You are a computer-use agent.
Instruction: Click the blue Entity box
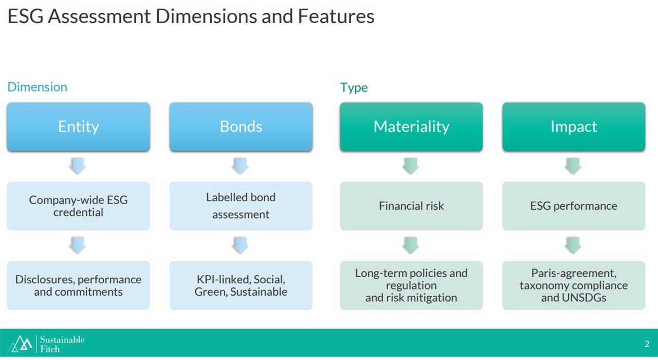[x=79, y=127]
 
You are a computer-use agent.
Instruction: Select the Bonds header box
[x=241, y=127]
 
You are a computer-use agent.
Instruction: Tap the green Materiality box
[x=411, y=127]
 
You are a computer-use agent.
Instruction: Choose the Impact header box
[x=574, y=127]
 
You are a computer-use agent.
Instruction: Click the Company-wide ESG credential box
[x=79, y=206]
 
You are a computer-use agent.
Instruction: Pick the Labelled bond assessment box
[x=241, y=206]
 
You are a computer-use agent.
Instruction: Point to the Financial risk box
[x=411, y=206]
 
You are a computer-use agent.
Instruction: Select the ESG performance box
[x=574, y=206]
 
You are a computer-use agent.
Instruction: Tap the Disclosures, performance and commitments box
[x=79, y=285]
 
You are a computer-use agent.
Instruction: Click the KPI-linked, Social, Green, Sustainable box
[x=241, y=285]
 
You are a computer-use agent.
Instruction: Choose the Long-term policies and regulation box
[x=411, y=285]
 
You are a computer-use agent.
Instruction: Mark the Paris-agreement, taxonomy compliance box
[x=574, y=285]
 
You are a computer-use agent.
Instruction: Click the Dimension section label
[x=38, y=87]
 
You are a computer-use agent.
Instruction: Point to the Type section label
[x=354, y=87]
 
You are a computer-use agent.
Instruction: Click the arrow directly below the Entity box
[x=78, y=166]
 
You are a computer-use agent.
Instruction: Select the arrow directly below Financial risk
[x=411, y=245]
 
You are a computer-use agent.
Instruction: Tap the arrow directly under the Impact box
[x=573, y=166]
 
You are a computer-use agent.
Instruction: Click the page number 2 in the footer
[x=647, y=344]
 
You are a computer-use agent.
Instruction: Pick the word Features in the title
[x=336, y=16]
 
